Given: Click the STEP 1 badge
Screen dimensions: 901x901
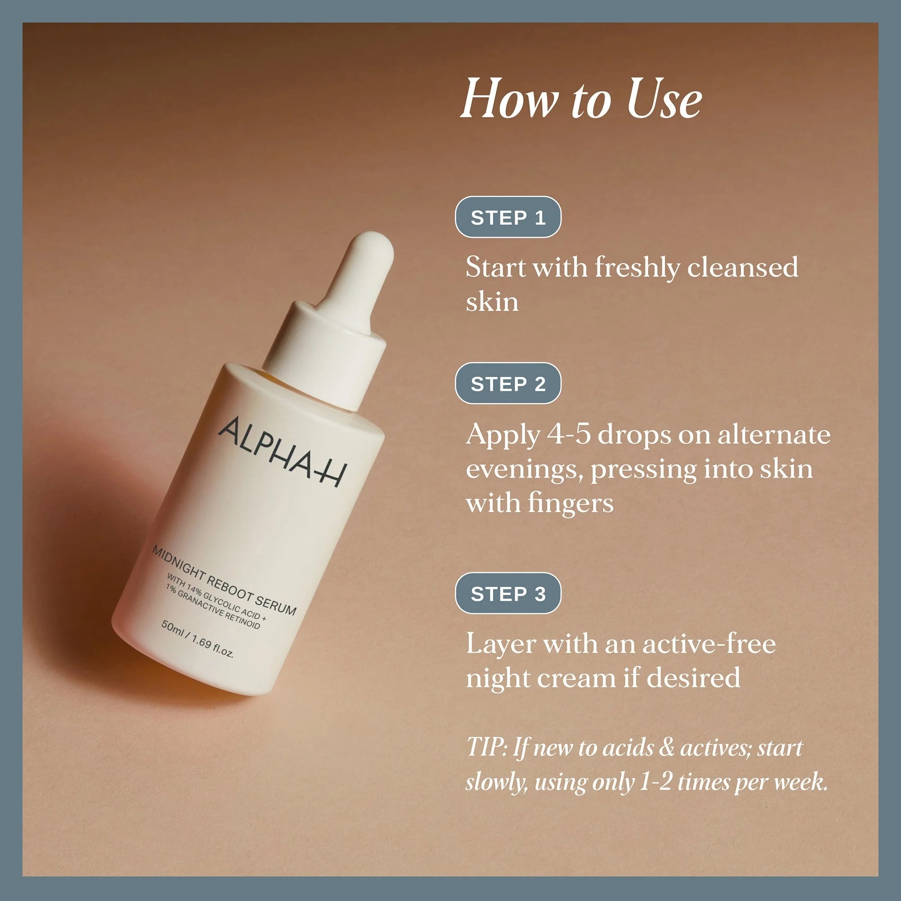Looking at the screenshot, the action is (x=508, y=217).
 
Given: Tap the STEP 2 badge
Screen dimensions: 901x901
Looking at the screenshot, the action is (x=508, y=384).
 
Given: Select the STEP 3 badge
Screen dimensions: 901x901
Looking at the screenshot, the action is (x=508, y=594).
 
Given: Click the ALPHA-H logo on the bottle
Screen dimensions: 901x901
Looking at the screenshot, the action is (x=282, y=451).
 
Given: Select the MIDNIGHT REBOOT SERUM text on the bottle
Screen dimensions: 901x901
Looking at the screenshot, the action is (x=224, y=581).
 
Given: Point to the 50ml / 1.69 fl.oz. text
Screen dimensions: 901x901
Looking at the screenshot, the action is (x=197, y=639).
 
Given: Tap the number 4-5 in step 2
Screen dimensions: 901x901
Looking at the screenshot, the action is (x=569, y=435).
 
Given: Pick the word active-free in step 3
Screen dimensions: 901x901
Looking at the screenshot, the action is (x=709, y=644).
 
